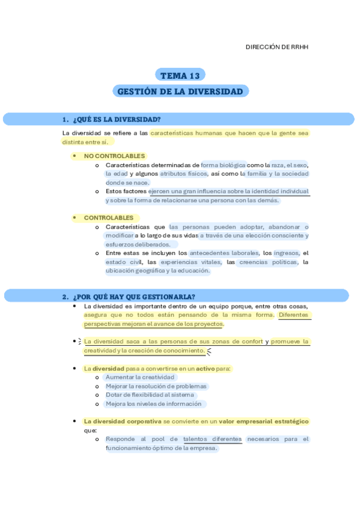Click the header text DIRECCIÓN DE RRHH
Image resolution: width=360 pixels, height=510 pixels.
pos(277,47)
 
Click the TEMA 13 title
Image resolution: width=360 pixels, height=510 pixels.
pos(180,75)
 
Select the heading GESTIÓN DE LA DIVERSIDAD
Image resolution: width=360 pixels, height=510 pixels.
pos(180,91)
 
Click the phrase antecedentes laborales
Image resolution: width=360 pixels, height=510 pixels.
pos(224,253)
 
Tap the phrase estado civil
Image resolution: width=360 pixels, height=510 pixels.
pos(124,262)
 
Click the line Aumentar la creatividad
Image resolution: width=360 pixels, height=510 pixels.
pos(140,377)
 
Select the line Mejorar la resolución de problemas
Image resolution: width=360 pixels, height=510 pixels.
pos(156,386)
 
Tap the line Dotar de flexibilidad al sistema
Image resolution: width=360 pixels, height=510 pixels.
pos(150,395)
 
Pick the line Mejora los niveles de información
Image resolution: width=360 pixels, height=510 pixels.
pos(154,404)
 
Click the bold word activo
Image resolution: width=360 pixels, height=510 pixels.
pos(205,368)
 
